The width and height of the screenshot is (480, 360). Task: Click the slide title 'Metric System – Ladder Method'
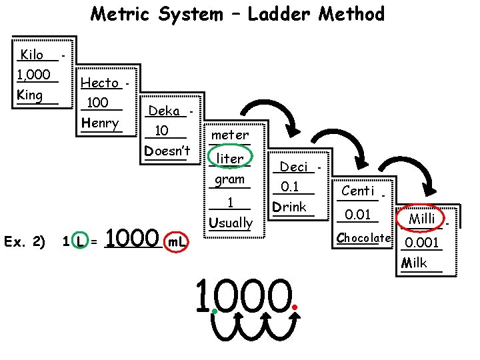237,14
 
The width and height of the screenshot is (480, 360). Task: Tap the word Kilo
32,55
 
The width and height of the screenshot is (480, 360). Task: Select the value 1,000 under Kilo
34,75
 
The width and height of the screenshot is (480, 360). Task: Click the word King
30,95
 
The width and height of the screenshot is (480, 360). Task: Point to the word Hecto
99,83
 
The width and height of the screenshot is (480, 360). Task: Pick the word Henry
100,123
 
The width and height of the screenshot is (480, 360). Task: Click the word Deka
164,111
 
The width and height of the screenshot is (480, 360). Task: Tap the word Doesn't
167,151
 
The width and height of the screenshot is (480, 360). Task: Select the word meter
230,135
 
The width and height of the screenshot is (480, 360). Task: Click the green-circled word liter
231,158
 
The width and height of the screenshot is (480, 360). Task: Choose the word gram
230,179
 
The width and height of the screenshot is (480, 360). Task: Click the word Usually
231,222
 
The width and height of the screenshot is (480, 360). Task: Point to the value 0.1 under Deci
290,187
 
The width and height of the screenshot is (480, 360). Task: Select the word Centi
357,191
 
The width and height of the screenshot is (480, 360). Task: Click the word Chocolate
363,237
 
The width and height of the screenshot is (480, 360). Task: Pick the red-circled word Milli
422,219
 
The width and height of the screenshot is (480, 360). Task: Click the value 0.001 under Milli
422,242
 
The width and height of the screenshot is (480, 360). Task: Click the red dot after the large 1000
295,307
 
